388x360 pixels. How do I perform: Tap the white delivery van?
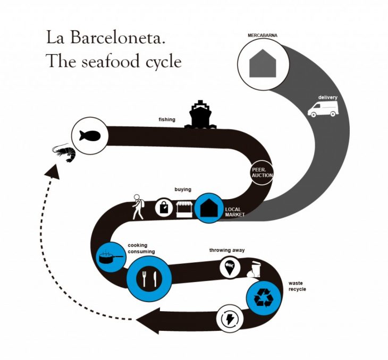click(x=323, y=108)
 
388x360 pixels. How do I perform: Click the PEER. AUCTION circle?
click(x=262, y=173)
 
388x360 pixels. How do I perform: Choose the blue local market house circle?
click(x=207, y=208)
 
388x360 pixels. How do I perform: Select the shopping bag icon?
click(x=163, y=208)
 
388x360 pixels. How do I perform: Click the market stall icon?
click(x=183, y=208)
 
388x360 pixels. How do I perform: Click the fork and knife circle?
click(x=148, y=276)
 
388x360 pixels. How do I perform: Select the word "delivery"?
click(x=328, y=98)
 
